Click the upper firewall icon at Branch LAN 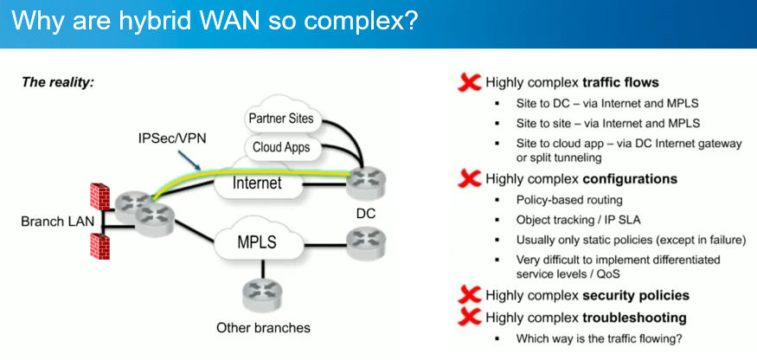(99, 196)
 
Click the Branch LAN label (54, 222)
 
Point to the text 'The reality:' (57, 83)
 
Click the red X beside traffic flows (469, 83)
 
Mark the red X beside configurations (469, 179)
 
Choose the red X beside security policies (469, 295)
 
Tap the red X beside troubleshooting (469, 317)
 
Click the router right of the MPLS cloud (360, 241)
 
